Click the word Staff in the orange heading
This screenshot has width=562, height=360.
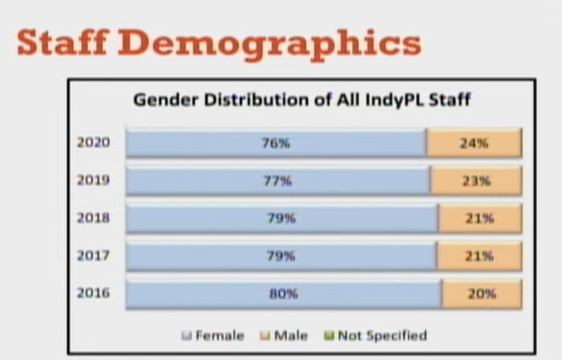[63, 43]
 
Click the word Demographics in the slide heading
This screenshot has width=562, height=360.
[270, 45]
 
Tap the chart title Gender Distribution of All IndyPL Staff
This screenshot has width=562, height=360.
[302, 99]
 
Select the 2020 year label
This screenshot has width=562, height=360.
[93, 142]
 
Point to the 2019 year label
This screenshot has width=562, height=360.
[93, 180]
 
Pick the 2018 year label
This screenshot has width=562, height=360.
[93, 218]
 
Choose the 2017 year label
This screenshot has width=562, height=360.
[93, 255]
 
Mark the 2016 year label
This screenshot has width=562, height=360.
[93, 293]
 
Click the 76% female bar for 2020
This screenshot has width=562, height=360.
[276, 143]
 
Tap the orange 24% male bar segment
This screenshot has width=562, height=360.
[474, 143]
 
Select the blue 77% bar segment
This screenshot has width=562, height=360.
[278, 181]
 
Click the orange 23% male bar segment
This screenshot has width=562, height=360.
[476, 181]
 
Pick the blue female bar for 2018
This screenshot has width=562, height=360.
[282, 219]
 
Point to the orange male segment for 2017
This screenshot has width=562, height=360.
[479, 256]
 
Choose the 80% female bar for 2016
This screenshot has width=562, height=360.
[283, 294]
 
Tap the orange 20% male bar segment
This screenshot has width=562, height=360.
[481, 294]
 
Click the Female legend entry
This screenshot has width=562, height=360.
[213, 336]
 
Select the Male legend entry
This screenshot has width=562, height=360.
[283, 336]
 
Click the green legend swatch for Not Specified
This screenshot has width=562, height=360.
[329, 336]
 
